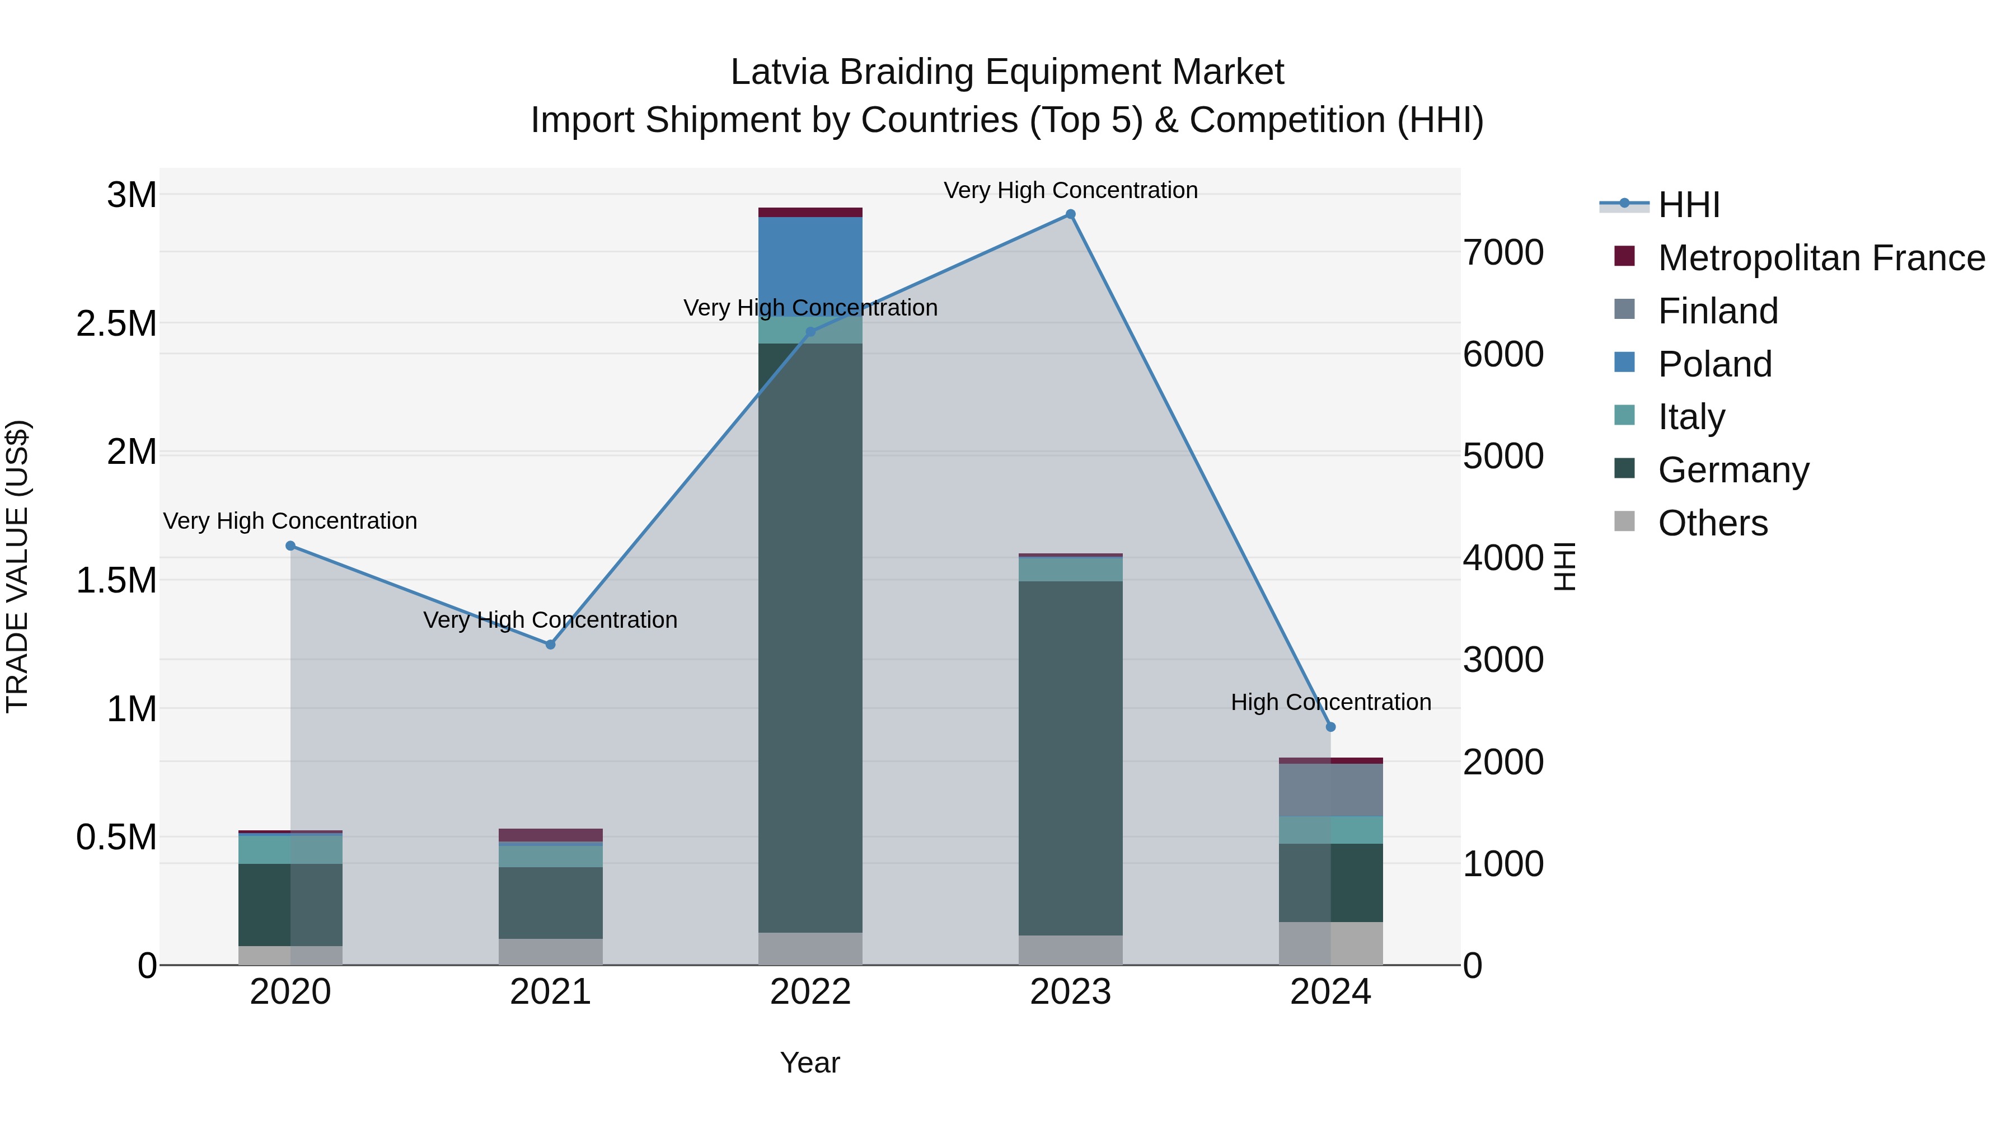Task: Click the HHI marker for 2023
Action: pos(1070,214)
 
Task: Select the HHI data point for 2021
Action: pos(550,645)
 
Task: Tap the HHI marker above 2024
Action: pos(1330,726)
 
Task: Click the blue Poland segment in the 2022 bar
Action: pos(810,266)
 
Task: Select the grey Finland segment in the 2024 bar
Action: pos(1330,789)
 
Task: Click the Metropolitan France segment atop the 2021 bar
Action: pos(550,834)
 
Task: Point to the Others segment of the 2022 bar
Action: pos(810,948)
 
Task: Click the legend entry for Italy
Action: pos(1690,417)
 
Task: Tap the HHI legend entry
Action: pos(1688,205)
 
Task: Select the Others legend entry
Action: pos(1712,523)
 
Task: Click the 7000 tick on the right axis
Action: pos(1503,252)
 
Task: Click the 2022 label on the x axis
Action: pos(810,992)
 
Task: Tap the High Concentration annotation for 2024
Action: pos(1330,702)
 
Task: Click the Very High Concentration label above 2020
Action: pos(290,521)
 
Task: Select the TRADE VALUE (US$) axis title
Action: pos(17,566)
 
